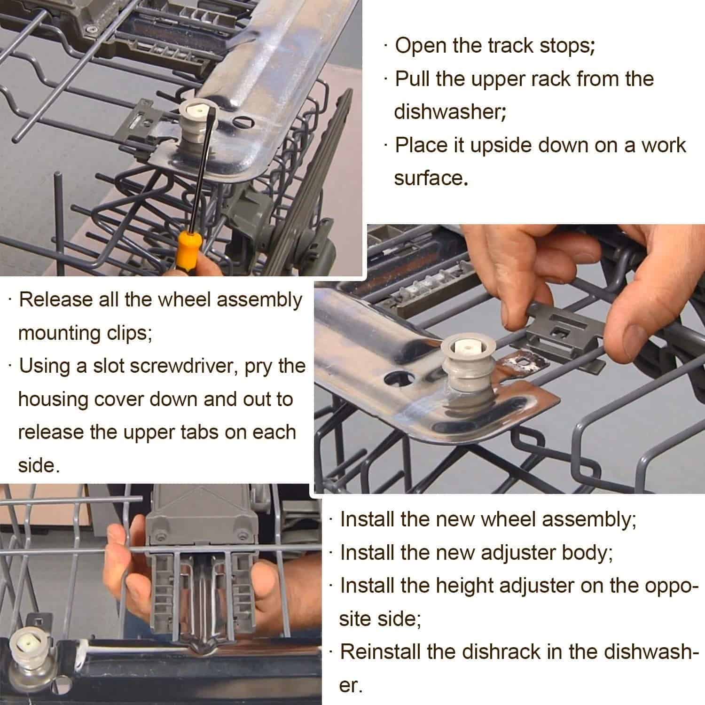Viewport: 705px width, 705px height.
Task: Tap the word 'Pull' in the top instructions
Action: pyautogui.click(x=413, y=78)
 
